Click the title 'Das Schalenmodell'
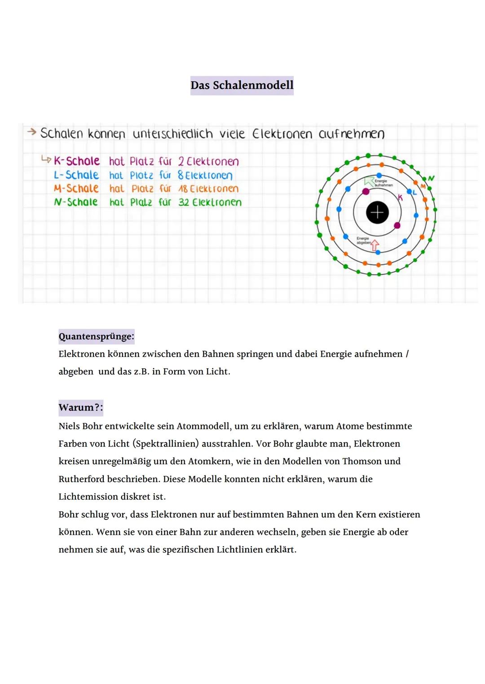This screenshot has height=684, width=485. coord(242,85)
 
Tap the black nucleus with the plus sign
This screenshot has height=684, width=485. coord(377,212)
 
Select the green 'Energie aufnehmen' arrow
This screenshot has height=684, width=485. coord(369,181)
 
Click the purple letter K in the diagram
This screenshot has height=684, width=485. coord(400,197)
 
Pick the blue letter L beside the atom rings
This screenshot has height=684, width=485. coord(415,192)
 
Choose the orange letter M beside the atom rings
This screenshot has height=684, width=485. coord(423,186)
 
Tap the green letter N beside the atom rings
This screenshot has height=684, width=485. coord(431,179)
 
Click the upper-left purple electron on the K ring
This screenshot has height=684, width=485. coord(366,192)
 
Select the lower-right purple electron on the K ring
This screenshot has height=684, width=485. coord(397,225)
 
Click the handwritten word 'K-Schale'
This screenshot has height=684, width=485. coord(77,161)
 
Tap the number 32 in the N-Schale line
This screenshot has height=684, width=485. coord(184,202)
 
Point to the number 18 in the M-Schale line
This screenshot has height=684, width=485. coord(183,189)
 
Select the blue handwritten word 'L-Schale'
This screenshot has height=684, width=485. coord(76,175)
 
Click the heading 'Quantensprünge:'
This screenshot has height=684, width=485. coord(96,336)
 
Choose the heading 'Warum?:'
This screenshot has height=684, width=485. coord(81,407)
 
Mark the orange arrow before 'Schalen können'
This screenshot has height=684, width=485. coord(31,132)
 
